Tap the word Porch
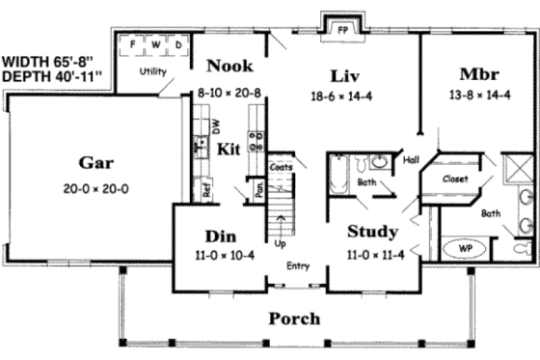tap(294, 318)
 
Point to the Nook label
tap(229, 67)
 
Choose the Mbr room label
tap(479, 74)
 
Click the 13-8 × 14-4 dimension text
tap(479, 97)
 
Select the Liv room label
tap(345, 75)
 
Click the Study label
tap(371, 232)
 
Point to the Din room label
tap(221, 235)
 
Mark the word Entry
tap(298, 266)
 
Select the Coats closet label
tap(282, 166)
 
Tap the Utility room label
tap(151, 71)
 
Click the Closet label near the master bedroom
tap(455, 180)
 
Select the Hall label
tap(410, 161)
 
